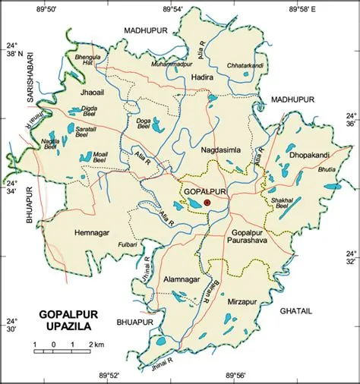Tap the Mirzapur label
click(x=242, y=301)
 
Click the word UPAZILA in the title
click(x=65, y=326)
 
